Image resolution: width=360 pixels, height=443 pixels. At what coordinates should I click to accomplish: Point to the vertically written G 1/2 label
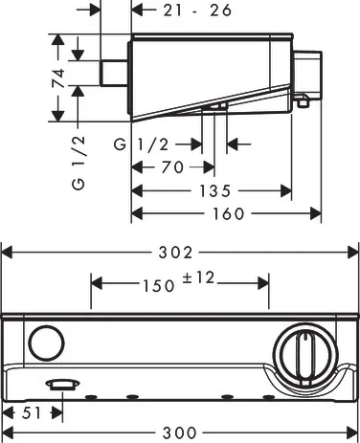tap(58, 163)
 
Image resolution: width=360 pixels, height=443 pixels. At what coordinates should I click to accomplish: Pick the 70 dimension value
tap(173, 166)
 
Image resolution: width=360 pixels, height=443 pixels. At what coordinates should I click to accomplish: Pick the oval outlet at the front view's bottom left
tap(61, 385)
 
